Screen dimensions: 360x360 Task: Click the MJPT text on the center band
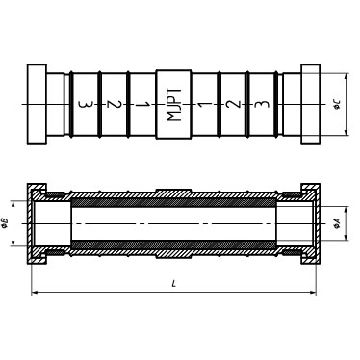point(174,104)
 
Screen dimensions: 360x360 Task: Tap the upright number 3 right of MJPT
point(262,104)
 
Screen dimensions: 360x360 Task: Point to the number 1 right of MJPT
point(204,104)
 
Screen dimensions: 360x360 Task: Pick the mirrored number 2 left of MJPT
point(115,105)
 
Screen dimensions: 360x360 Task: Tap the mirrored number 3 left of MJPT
point(86,105)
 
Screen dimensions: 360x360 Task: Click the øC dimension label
point(337,104)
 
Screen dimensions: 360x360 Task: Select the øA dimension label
point(337,223)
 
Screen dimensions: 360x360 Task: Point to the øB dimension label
point(5,223)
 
